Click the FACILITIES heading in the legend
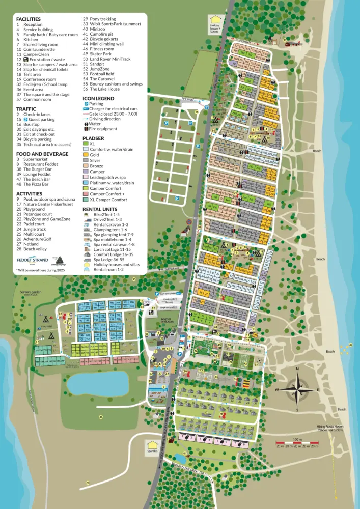click(29, 19)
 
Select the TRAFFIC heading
click(26, 108)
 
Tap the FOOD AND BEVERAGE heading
click(42, 153)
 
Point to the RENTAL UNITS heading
click(100, 209)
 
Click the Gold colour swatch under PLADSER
click(86, 155)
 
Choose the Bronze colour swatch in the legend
click(86, 166)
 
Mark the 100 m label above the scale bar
click(296, 438)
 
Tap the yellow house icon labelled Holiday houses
click(215, 21)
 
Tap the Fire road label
click(188, 99)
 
